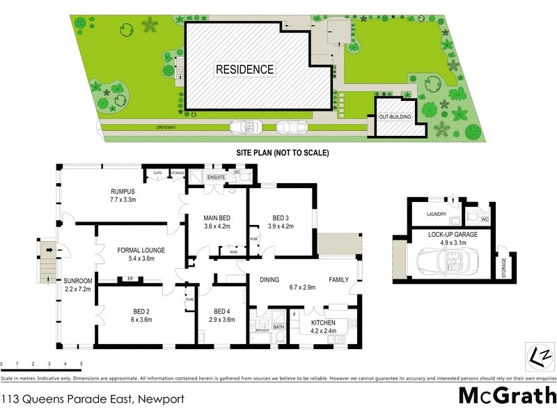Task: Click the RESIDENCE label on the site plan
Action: (244, 70)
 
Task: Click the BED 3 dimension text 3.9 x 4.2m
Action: (282, 225)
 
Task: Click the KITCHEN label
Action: (324, 323)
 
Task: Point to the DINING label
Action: (269, 279)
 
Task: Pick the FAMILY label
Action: (338, 279)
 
